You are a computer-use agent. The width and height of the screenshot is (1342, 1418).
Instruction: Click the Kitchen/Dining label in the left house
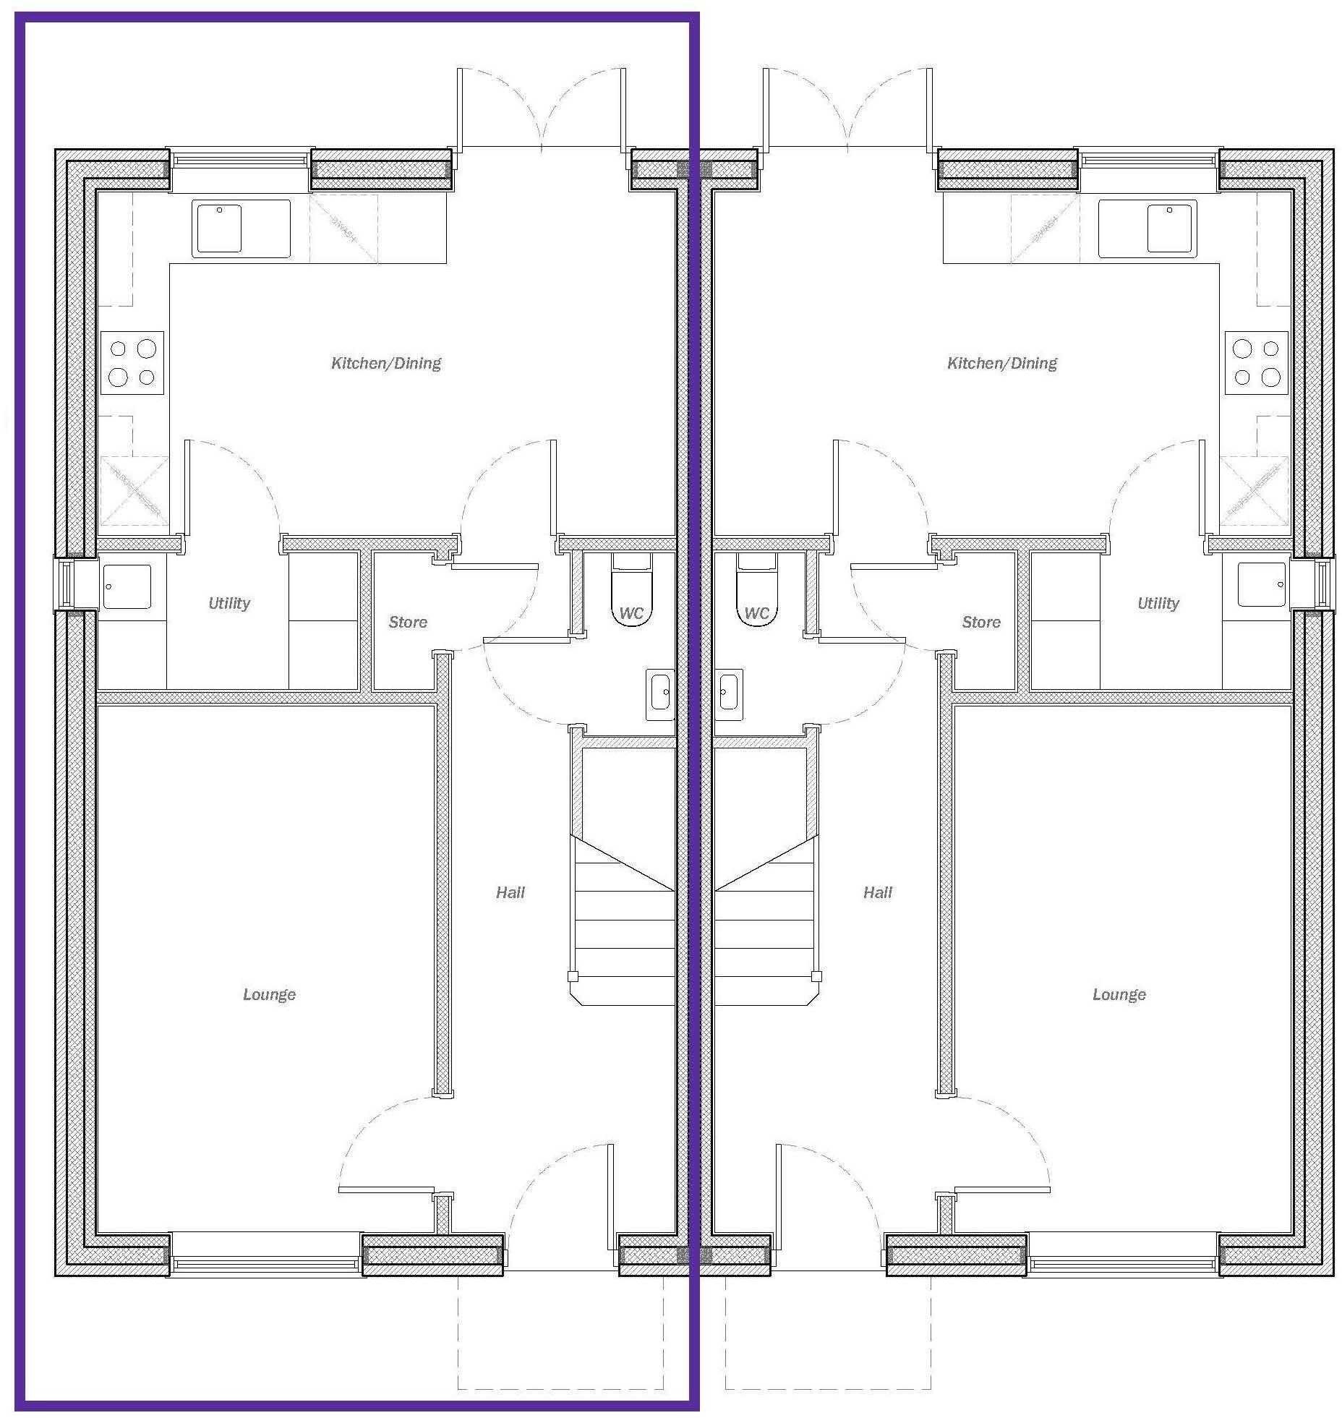click(386, 363)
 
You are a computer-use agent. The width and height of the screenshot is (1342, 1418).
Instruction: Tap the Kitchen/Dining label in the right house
click(1002, 363)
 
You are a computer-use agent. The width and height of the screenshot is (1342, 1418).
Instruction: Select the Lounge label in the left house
click(269, 994)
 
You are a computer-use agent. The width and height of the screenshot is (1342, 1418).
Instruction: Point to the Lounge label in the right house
click(1119, 994)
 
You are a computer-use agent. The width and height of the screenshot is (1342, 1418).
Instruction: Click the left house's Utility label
click(229, 603)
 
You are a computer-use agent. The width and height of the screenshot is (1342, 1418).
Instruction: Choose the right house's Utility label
click(1158, 603)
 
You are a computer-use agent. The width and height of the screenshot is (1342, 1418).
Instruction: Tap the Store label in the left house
click(408, 622)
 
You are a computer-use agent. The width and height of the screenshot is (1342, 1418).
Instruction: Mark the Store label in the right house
click(981, 622)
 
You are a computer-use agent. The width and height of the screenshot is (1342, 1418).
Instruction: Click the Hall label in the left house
click(510, 892)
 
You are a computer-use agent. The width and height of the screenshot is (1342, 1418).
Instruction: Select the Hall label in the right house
click(878, 892)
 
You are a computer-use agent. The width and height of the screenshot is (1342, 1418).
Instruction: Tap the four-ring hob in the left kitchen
click(132, 363)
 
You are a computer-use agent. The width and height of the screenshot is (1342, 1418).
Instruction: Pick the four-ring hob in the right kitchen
click(1256, 363)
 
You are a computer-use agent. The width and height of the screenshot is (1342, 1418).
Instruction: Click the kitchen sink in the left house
click(240, 228)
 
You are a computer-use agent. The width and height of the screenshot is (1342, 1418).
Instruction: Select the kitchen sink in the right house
click(1147, 228)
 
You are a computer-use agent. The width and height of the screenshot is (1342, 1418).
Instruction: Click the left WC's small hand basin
click(660, 693)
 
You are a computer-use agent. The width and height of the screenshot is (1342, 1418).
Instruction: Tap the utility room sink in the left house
click(127, 586)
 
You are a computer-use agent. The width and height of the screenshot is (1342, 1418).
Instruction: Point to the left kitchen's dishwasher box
click(343, 228)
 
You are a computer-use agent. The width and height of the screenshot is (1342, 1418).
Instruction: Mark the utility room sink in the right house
click(1261, 585)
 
